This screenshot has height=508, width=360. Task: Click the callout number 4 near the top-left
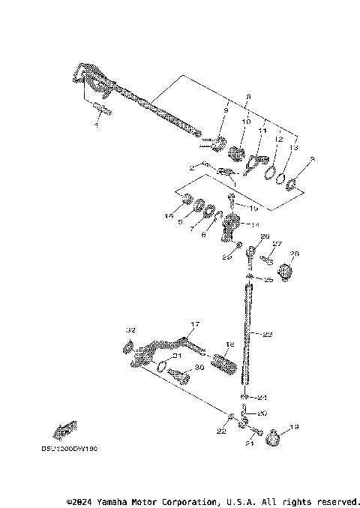(96, 125)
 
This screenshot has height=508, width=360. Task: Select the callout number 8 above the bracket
(227, 97)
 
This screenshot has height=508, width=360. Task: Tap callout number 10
(244, 121)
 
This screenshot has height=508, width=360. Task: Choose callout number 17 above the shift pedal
(194, 325)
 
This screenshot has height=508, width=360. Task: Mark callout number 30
(199, 368)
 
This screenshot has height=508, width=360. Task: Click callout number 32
(130, 329)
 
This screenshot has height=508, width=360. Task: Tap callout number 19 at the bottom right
(293, 428)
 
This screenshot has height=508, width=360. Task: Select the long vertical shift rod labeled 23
(247, 330)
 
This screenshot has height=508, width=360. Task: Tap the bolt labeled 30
(177, 374)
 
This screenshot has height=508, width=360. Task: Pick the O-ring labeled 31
(161, 365)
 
